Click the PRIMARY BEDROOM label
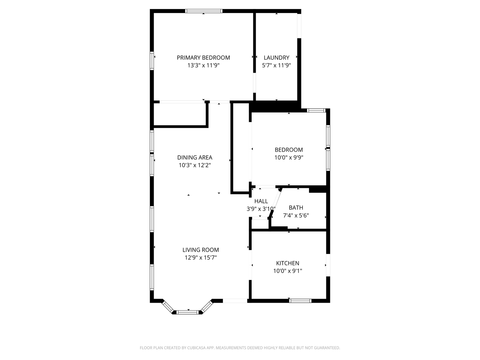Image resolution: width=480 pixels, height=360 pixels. pyautogui.click(x=203, y=58)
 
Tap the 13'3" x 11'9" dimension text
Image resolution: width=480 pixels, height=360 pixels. pyautogui.click(x=203, y=65)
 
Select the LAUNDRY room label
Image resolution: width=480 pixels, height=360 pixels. pyautogui.click(x=276, y=58)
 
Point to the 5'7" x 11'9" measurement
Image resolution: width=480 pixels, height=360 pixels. pyautogui.click(x=276, y=65)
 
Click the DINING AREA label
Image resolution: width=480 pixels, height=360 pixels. pyautogui.click(x=195, y=157)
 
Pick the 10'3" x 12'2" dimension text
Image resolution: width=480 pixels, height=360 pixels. pyautogui.click(x=195, y=165)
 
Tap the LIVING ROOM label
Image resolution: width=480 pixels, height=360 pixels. pyautogui.click(x=201, y=250)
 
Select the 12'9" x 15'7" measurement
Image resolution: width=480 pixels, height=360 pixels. pyautogui.click(x=201, y=257)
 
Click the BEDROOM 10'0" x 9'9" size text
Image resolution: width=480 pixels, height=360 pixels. pyautogui.click(x=289, y=157)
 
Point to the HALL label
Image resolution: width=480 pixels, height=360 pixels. pyautogui.click(x=261, y=201)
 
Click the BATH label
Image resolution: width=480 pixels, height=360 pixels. pyautogui.click(x=296, y=208)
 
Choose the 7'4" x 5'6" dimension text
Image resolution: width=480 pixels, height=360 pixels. pyautogui.click(x=296, y=215)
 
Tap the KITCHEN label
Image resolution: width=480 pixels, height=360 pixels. pyautogui.click(x=288, y=263)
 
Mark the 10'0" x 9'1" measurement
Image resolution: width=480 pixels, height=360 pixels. pyautogui.click(x=288, y=271)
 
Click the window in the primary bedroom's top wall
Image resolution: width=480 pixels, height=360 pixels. pyautogui.click(x=204, y=11)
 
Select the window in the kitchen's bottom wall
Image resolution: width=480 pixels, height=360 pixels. pyautogui.click(x=300, y=301)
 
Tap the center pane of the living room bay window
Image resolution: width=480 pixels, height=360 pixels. pyautogui.click(x=187, y=312)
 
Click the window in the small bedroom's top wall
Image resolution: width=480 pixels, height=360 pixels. pyautogui.click(x=316, y=110)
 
